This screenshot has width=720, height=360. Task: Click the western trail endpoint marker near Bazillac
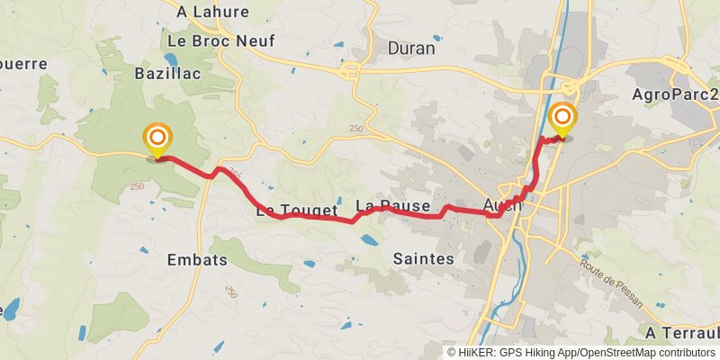click(157, 138)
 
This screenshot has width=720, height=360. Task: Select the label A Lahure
click(212, 12)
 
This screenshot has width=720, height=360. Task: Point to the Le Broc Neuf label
click(221, 40)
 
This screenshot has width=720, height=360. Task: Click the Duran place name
click(410, 49)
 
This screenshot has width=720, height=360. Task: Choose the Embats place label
click(197, 259)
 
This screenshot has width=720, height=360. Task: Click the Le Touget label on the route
click(296, 211)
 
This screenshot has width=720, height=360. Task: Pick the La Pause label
click(392, 206)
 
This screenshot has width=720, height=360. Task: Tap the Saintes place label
click(423, 258)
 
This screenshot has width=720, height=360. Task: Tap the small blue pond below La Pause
click(369, 240)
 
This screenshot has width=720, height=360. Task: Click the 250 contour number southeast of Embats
click(231, 292)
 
